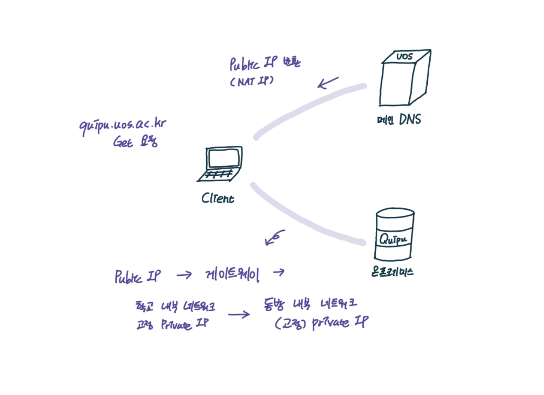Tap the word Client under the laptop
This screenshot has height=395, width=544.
point(218,199)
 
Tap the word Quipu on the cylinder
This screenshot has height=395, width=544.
point(393,239)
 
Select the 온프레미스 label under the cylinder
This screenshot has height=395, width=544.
point(392,272)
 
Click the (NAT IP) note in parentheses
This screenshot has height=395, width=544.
point(251,81)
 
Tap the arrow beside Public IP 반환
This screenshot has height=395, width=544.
point(328,83)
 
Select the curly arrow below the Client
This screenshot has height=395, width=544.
point(274,238)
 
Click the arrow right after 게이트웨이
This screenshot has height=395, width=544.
point(278,272)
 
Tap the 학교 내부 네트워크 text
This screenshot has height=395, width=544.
point(175,306)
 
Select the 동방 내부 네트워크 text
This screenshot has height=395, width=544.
point(309,305)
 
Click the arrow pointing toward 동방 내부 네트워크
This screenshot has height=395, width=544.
point(239,315)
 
